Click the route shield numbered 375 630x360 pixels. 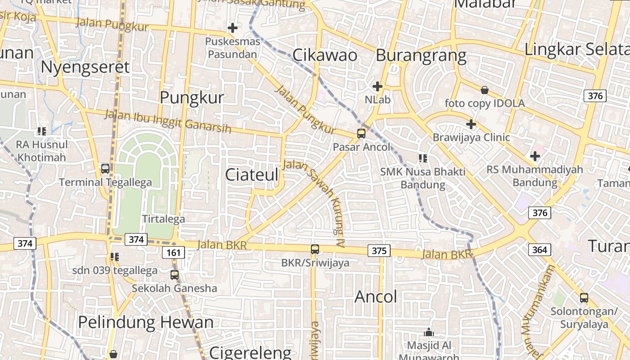pyautogui.click(x=379, y=251)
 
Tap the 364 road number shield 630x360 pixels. pyautogui.click(x=540, y=250)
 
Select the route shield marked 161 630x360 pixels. pyautogui.click(x=173, y=253)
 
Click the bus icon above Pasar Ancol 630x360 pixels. pyautogui.click(x=361, y=133)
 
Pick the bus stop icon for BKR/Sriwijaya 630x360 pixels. pyautogui.click(x=315, y=249)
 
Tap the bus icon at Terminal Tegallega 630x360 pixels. pyautogui.click(x=105, y=169)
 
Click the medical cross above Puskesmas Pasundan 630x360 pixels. pyautogui.click(x=233, y=28)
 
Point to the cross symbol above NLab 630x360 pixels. pyautogui.click(x=378, y=86)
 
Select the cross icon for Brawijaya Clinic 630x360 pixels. pyautogui.click(x=471, y=124)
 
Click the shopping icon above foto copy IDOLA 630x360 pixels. pyautogui.click(x=485, y=90)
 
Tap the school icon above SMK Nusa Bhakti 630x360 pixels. pyautogui.click(x=423, y=158)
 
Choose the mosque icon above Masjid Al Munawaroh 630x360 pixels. pyautogui.click(x=429, y=332)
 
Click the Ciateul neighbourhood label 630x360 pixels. pyautogui.click(x=252, y=175)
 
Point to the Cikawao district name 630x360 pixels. pyautogui.click(x=325, y=55)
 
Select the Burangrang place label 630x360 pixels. pyautogui.click(x=421, y=55)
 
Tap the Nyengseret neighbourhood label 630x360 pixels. pyautogui.click(x=85, y=67)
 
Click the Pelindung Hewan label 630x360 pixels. pyautogui.click(x=146, y=322)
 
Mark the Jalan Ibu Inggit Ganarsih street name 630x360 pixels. pyautogui.click(x=168, y=121)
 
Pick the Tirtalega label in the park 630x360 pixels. pyautogui.click(x=163, y=219)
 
